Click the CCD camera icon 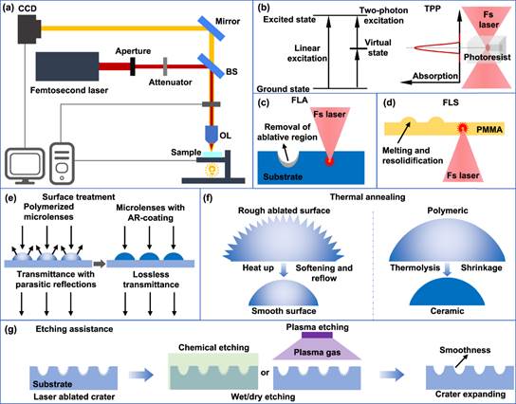[x=29, y=28]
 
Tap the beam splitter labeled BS [x=211, y=66]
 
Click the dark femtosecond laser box [x=67, y=66]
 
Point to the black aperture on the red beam [x=132, y=66]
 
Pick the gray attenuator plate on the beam [x=165, y=66]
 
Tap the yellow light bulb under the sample [x=212, y=170]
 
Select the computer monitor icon [x=25, y=166]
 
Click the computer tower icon [x=62, y=163]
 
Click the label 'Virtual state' [x=378, y=47]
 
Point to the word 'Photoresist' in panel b [x=487, y=57]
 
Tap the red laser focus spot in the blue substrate [x=329, y=161]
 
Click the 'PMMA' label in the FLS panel [x=489, y=130]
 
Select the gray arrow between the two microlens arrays [x=100, y=264]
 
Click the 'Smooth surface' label [x=284, y=311]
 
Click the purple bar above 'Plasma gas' [x=317, y=335]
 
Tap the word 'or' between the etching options [x=265, y=373]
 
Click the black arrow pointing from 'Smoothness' [x=461, y=362]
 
